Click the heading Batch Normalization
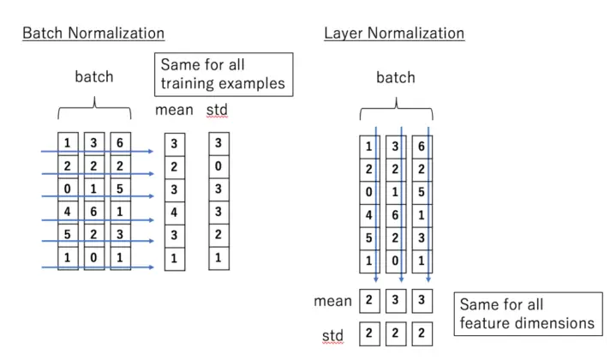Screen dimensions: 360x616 (93, 33)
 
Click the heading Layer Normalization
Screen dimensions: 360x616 (394, 33)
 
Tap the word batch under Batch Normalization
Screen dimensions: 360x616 (94, 76)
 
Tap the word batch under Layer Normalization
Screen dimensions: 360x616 (395, 77)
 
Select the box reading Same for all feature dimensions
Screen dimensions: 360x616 (526, 314)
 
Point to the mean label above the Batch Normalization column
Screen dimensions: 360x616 (174, 111)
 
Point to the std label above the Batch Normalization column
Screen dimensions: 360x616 (218, 111)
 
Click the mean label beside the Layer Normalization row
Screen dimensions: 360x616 (332, 301)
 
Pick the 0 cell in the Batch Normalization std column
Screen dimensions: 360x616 (218, 166)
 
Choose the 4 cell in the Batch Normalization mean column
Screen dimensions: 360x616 (174, 211)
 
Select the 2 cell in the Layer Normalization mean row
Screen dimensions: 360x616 (368, 301)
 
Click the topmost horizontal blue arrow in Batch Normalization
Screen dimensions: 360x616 (97, 152)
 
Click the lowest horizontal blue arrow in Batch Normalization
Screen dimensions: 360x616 (97, 267)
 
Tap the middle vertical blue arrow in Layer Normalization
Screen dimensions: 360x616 (402, 206)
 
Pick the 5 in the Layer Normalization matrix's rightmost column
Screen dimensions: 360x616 (421, 191)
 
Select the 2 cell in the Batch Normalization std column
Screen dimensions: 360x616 (218, 234)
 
